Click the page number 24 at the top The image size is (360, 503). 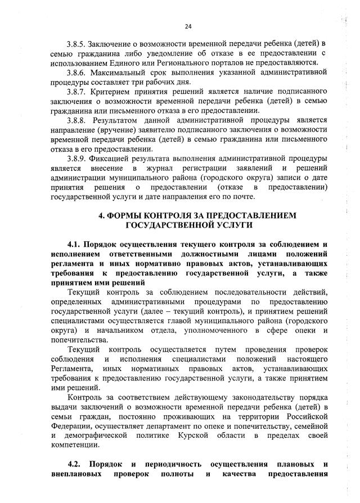[x=188, y=26]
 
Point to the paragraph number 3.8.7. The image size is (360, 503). [x=77, y=91]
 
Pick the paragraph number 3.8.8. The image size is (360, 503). [x=77, y=120]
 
